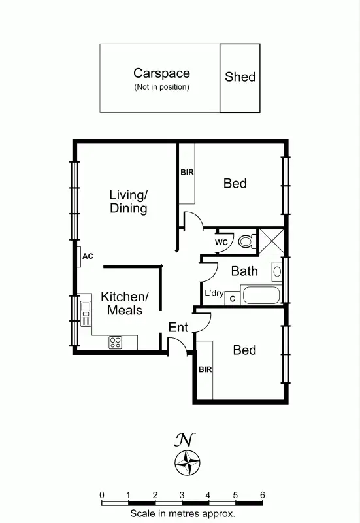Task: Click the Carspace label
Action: (x=161, y=73)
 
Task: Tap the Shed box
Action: (x=240, y=78)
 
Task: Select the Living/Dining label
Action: (x=128, y=201)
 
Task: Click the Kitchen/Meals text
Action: (x=125, y=303)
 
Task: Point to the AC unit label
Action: (x=88, y=256)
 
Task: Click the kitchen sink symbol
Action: (x=86, y=313)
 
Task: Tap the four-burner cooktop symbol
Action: (x=115, y=341)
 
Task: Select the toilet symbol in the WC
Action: (x=246, y=242)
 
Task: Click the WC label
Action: (x=221, y=243)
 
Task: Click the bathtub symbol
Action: (x=261, y=295)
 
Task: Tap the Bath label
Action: (x=244, y=271)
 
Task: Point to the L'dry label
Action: (x=214, y=293)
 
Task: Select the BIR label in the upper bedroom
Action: (x=186, y=173)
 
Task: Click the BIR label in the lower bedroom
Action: (x=205, y=370)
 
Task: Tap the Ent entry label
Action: (x=178, y=327)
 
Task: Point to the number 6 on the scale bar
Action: (x=262, y=495)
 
